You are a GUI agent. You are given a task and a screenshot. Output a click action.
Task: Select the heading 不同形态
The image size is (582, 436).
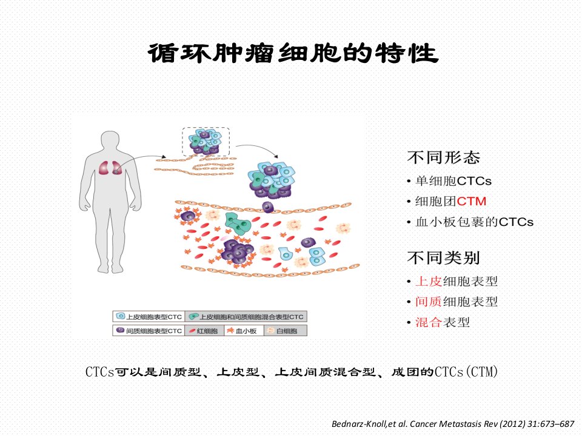click(x=444, y=157)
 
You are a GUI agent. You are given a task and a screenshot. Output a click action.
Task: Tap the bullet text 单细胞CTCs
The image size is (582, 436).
click(x=453, y=181)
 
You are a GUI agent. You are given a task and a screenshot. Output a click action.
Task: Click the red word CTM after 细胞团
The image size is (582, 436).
click(x=472, y=201)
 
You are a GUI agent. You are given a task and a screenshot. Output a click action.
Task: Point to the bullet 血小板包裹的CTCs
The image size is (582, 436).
click(x=474, y=222)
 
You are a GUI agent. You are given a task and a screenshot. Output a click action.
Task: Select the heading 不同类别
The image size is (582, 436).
click(x=444, y=258)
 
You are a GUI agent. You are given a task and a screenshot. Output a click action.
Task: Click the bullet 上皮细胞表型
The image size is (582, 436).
click(x=457, y=281)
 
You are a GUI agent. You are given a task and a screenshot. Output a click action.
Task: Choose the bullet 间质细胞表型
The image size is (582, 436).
click(x=457, y=302)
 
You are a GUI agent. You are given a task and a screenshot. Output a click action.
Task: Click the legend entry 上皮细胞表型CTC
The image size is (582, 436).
click(x=149, y=317)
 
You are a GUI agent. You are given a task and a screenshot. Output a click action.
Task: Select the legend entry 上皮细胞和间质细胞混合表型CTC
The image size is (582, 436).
click(x=246, y=317)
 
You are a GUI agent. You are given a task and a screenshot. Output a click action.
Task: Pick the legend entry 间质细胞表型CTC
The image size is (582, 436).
click(x=149, y=331)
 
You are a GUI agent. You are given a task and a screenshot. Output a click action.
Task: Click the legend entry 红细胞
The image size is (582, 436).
click(x=204, y=331)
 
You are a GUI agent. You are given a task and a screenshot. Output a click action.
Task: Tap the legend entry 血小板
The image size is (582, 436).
click(x=244, y=331)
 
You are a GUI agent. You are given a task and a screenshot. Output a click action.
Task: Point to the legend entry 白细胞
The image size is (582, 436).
click(x=285, y=331)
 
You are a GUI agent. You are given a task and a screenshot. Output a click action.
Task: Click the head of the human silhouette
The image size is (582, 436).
click(x=110, y=141)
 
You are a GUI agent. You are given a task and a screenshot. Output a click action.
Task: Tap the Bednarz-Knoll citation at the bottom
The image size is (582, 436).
click(x=453, y=423)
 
